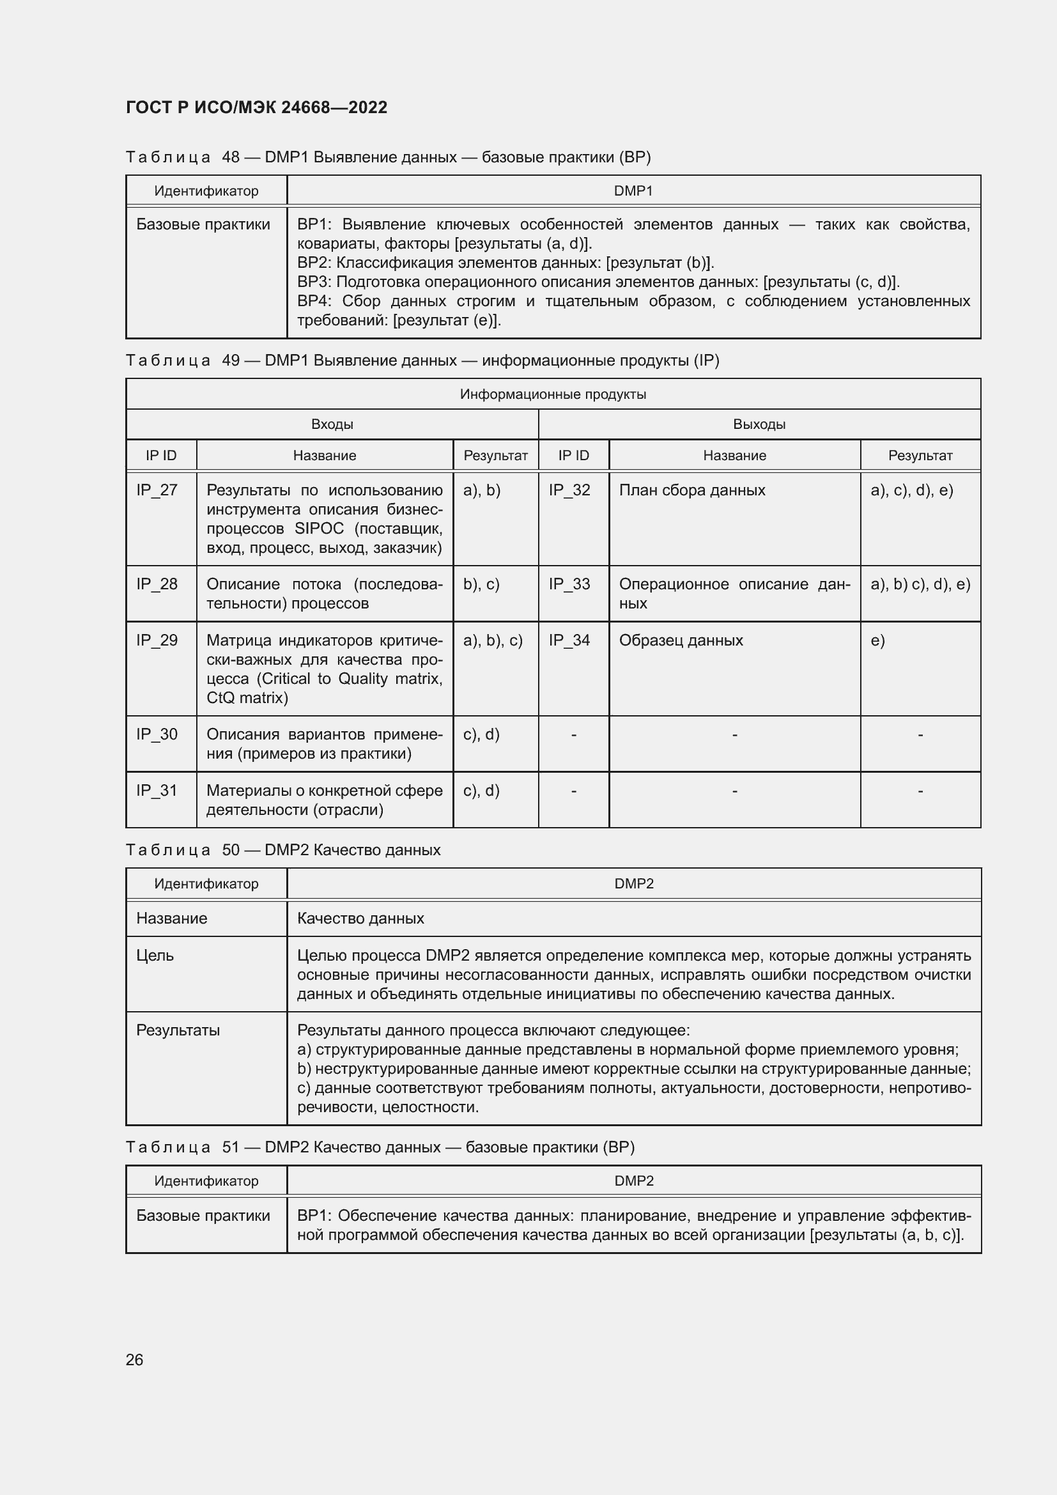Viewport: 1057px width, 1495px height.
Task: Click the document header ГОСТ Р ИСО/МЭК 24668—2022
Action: pyautogui.click(x=256, y=107)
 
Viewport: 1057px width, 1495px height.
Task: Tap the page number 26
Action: pyautogui.click(x=134, y=1359)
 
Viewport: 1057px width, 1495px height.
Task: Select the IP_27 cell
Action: pyautogui.click(x=156, y=490)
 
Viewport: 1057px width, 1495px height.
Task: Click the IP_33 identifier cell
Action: pyautogui.click(x=569, y=584)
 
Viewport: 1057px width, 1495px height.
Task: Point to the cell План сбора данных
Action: pyautogui.click(x=691, y=490)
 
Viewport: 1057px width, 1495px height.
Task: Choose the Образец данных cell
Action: pyautogui.click(x=680, y=640)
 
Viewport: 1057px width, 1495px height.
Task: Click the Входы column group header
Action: pyautogui.click(x=332, y=424)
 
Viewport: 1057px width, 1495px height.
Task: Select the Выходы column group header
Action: pyautogui.click(x=759, y=424)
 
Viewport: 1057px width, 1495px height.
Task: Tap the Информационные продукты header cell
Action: pyautogui.click(x=553, y=394)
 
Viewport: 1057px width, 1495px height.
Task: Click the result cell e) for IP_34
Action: pyautogui.click(x=877, y=640)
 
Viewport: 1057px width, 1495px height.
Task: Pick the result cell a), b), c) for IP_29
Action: pyautogui.click(x=493, y=640)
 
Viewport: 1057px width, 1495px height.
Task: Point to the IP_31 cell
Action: pyautogui.click(x=156, y=791)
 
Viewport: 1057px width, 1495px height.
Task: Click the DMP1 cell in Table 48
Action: pyautogui.click(x=633, y=190)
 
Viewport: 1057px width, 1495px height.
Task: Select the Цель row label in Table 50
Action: pyautogui.click(x=155, y=955)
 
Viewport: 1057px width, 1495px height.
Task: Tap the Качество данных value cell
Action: pyautogui.click(x=360, y=918)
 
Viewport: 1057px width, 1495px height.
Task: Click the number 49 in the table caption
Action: pyautogui.click(x=231, y=360)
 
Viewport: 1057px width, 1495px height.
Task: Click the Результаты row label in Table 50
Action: pyautogui.click(x=178, y=1030)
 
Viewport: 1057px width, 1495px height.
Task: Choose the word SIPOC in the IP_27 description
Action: pyautogui.click(x=319, y=529)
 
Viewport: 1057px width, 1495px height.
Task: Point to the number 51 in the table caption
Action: pyautogui.click(x=231, y=1147)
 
